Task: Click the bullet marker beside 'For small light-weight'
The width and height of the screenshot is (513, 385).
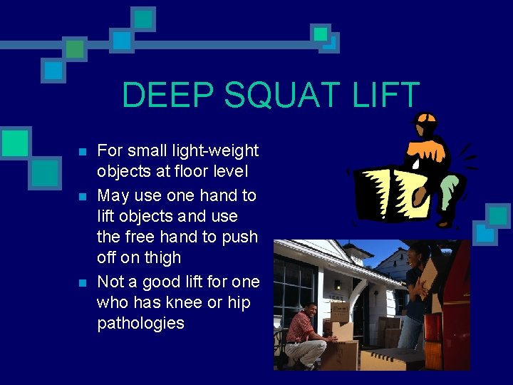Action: click(x=83, y=152)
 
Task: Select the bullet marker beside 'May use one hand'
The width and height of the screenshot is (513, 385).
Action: click(x=83, y=196)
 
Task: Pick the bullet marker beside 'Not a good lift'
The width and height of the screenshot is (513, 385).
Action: click(x=83, y=282)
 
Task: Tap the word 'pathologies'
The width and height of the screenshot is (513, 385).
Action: click(x=140, y=323)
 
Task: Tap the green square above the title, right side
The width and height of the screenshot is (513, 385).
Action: click(x=321, y=34)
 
